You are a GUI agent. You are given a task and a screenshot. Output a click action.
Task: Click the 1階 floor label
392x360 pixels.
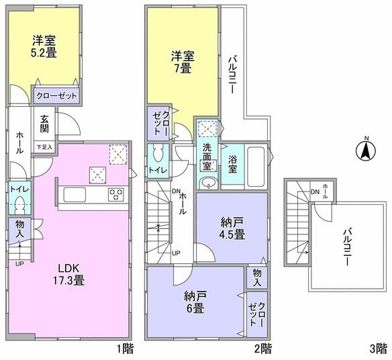124,349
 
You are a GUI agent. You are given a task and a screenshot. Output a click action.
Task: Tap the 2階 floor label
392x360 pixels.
262,349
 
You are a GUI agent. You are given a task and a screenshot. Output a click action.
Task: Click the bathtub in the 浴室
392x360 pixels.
256,162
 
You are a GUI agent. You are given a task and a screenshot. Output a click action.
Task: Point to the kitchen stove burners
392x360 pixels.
116,195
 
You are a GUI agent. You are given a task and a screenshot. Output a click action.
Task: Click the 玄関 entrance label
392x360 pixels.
44,125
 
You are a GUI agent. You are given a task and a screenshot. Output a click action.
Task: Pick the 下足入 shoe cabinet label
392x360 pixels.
44,146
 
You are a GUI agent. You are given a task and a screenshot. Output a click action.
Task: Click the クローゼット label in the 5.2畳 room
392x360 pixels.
56,96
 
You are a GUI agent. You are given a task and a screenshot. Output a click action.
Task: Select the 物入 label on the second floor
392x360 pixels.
257,277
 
